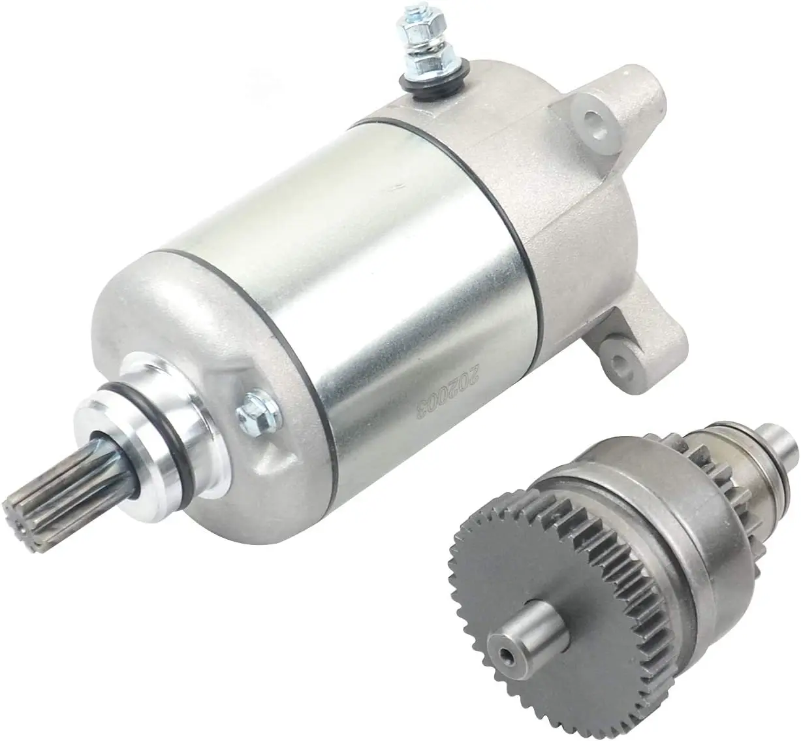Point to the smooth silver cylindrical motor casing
(339, 261)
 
